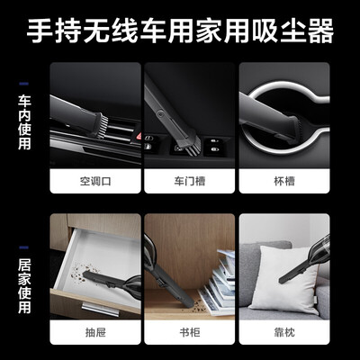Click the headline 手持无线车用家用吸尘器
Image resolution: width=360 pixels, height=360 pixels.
180,33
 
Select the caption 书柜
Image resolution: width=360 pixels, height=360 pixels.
188,331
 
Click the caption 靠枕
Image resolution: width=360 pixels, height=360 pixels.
282,331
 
